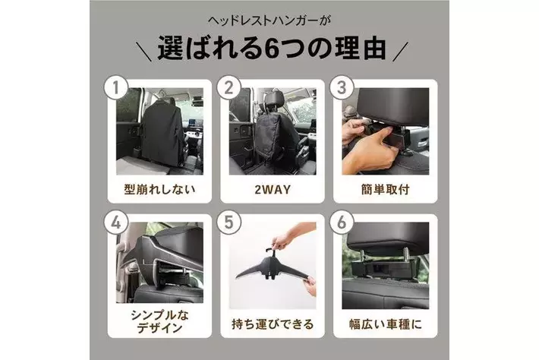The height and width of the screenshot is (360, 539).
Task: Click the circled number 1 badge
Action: click(116, 87)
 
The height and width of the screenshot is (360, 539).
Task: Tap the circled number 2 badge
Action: click(229, 87)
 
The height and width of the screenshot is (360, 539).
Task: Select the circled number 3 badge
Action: click(342, 87)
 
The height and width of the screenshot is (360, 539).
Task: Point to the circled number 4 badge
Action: click(116, 223)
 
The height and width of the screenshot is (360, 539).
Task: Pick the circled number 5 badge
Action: click(229, 223)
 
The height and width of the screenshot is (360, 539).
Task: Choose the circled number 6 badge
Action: click(342, 223)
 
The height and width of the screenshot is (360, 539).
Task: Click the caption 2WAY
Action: click(273, 189)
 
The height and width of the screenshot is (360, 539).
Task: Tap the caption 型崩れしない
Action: click(159, 189)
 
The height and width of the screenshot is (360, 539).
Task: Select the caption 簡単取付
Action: click(386, 189)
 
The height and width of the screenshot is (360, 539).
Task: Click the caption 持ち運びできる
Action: click(273, 324)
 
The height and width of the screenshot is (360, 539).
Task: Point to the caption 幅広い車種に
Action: click(386, 324)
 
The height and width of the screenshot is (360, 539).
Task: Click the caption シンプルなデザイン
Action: click(159, 321)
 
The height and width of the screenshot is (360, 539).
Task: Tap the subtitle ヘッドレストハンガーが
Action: click(269, 21)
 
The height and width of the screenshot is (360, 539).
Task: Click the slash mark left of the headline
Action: click(143, 52)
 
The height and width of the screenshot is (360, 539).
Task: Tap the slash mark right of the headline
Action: click(401, 52)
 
